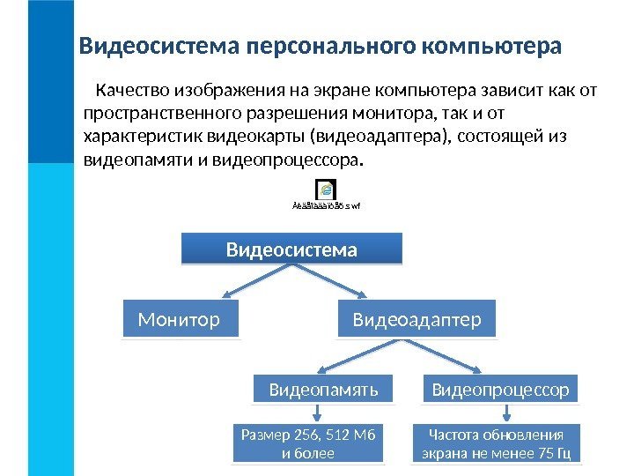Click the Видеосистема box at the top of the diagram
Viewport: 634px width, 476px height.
291,249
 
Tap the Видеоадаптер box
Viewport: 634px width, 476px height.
417,319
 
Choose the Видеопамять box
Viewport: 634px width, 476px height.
323,389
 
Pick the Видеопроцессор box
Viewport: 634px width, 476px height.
501,389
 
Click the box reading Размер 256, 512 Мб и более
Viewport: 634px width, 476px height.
307,445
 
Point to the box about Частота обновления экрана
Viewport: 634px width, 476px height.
496,445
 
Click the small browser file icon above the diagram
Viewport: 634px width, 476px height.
326,190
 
